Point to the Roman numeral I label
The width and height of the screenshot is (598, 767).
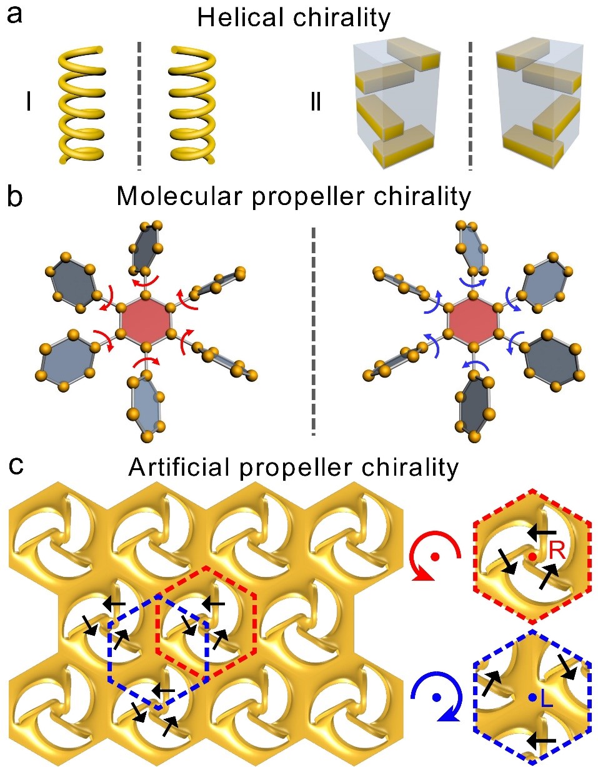coord(27,102)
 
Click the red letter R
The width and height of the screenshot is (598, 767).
coord(557,550)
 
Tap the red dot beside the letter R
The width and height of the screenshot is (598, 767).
coord(532,555)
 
